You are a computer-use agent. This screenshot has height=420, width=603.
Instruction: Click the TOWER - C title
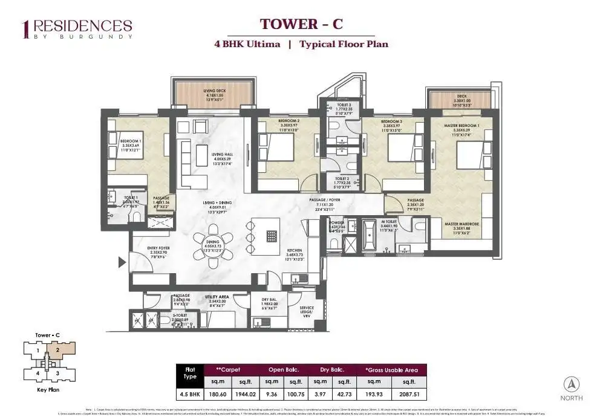click(x=301, y=24)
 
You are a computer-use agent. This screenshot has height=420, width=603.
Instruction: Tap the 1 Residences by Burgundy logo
click(x=76, y=28)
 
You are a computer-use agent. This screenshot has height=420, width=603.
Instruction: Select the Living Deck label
click(x=213, y=94)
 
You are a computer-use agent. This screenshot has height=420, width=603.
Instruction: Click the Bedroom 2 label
click(x=281, y=123)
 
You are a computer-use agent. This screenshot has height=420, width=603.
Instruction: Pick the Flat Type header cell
click(x=189, y=375)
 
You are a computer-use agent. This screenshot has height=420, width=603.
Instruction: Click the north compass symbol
click(x=572, y=384)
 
